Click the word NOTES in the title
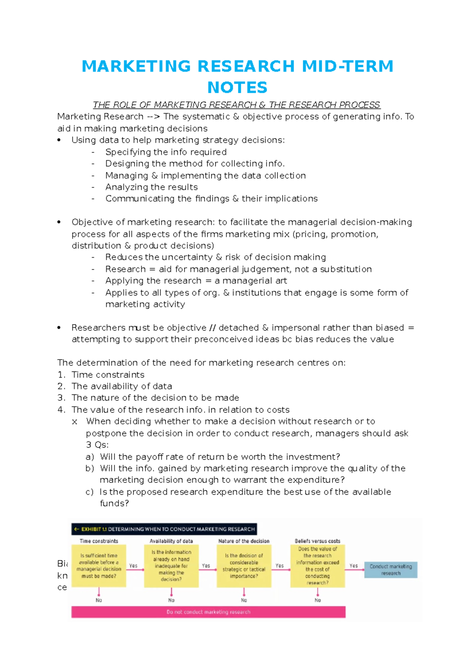pos(237,87)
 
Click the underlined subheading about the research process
pos(236,105)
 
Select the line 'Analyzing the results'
pos(151,187)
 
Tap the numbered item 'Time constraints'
pos(108,375)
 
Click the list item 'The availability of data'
pos(122,386)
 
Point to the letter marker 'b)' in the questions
pos(90,468)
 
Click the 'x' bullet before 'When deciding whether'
pos(75,422)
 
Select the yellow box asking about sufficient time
pos(99,565)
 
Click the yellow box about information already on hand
pos(171,565)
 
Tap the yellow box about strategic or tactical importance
pos(244,565)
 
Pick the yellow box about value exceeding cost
pos(318,565)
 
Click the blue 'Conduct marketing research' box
pos(391,569)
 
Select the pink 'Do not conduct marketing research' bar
pos(208,612)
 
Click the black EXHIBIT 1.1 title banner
pos(164,529)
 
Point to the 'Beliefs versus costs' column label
pos(317,541)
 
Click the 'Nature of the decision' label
pos(244,541)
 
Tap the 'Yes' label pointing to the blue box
pos(354,565)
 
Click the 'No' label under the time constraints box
pos(99,600)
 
